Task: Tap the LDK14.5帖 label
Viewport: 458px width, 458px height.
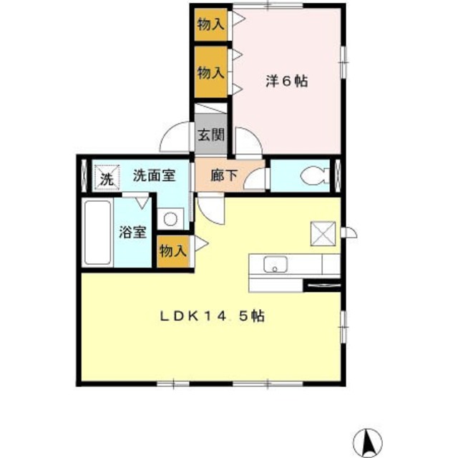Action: [213, 316]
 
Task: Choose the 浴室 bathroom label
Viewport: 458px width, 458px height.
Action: [133, 232]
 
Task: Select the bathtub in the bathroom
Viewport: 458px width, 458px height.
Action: [97, 233]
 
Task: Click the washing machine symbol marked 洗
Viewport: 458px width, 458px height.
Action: [106, 177]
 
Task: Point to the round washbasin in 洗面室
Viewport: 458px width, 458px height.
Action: [172, 220]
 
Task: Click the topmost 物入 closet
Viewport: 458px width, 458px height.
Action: [210, 24]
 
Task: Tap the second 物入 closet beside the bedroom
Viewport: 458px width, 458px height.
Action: [210, 72]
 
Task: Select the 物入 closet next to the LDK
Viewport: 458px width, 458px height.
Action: [173, 251]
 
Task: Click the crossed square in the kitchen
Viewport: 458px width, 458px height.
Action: [319, 232]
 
